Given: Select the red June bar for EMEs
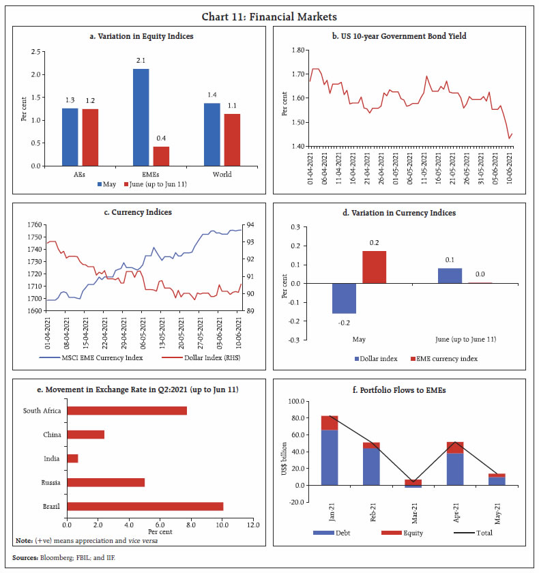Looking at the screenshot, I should (x=161, y=156).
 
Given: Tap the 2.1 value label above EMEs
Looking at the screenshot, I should (x=141, y=61).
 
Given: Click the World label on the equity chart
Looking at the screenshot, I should (x=222, y=174).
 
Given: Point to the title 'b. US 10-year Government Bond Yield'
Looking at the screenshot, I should (x=405, y=35).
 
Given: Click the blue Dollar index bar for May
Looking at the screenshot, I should (x=343, y=298).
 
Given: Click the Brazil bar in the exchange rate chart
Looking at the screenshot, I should (x=145, y=506).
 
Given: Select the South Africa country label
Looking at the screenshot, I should (x=42, y=411).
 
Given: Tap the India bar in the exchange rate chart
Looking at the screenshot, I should (x=72, y=458).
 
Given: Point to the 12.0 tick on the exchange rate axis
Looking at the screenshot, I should (x=253, y=525).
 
